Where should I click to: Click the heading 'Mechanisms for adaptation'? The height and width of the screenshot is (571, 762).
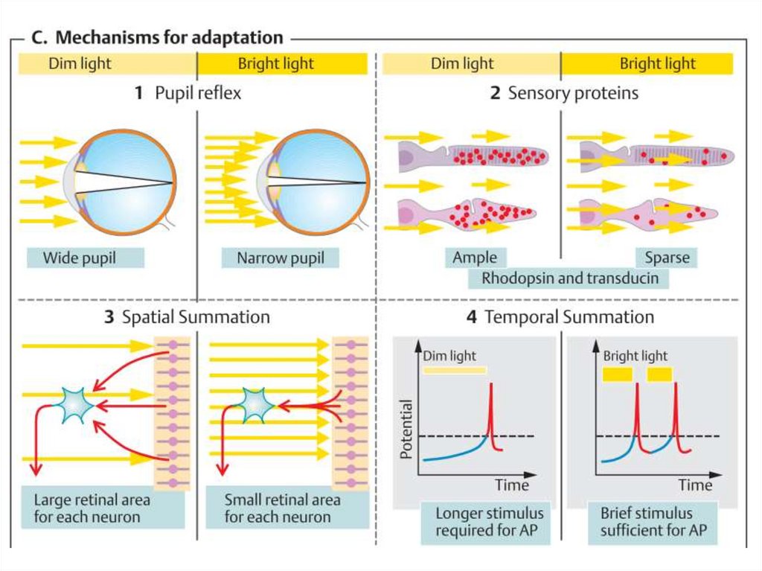170,37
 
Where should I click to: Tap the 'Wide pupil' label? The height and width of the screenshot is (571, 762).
82,258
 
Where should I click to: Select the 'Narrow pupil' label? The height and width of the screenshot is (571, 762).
280,258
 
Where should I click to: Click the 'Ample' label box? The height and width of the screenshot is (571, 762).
475,258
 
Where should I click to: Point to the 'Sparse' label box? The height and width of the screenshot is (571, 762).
667,258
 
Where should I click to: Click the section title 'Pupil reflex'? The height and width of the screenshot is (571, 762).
188,93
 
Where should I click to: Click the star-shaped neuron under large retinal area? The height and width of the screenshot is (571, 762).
77,405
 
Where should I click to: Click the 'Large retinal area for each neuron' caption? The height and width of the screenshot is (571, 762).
92,508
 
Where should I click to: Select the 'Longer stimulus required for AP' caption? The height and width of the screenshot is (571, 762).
489,522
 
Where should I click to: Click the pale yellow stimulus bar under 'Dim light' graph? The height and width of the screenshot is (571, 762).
454,369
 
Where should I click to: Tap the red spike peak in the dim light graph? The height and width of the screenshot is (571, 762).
491,384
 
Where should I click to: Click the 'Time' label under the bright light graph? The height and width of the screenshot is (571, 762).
695,485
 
